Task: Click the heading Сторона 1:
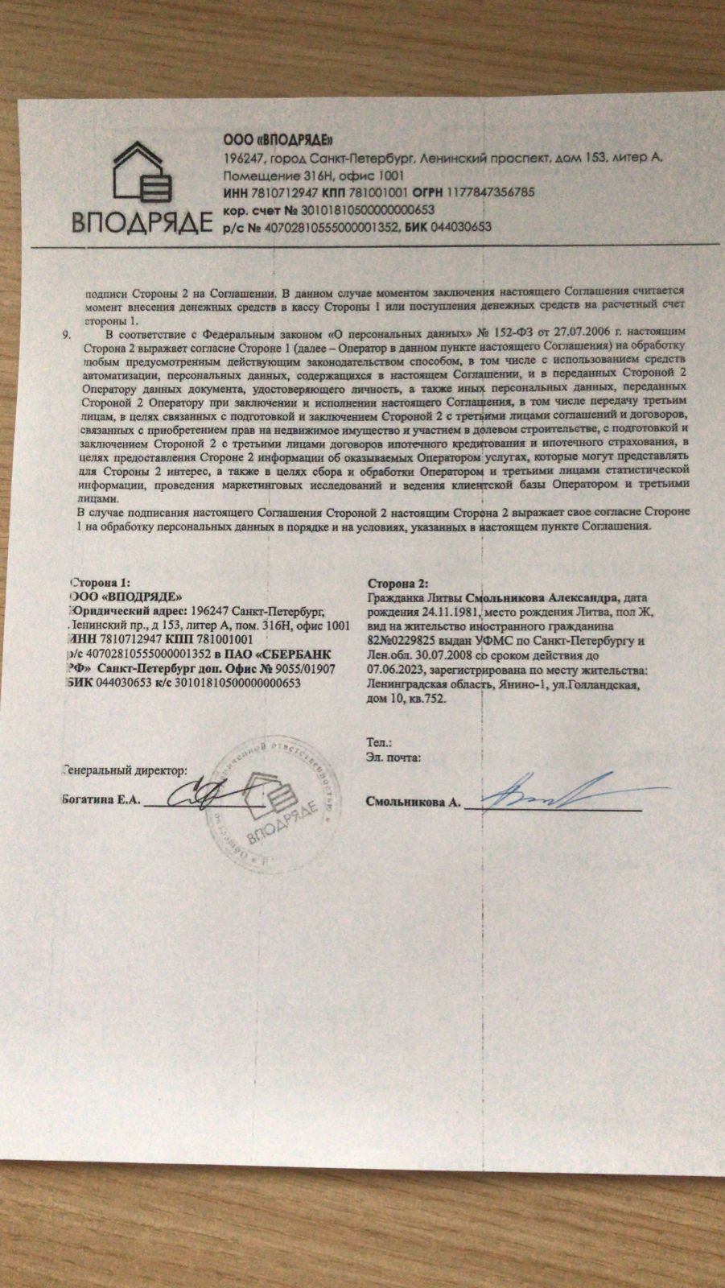(x=101, y=582)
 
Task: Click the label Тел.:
(x=379, y=742)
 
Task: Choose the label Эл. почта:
(x=393, y=757)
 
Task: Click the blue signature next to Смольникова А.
(x=547, y=791)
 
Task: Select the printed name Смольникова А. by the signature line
(x=413, y=802)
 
